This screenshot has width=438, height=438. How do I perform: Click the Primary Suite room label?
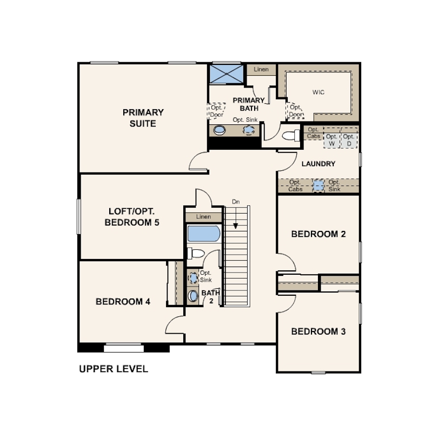tap(143, 118)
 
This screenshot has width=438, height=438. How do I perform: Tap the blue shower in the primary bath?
tap(226, 74)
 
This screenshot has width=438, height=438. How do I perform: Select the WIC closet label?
tap(318, 92)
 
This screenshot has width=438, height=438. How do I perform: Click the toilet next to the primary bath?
tap(291, 136)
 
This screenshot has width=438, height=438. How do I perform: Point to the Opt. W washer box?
tap(331, 140)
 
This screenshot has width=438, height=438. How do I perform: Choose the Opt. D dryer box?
tap(349, 140)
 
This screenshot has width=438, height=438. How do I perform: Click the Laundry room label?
tap(318, 164)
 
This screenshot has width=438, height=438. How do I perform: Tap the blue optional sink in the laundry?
tap(318, 185)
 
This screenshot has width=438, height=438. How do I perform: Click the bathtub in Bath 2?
tap(204, 234)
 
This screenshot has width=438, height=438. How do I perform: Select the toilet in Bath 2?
tap(196, 254)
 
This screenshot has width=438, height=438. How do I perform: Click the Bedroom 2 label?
tap(318, 234)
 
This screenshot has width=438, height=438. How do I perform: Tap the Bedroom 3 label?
tap(318, 331)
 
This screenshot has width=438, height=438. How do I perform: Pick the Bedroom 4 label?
tap(123, 302)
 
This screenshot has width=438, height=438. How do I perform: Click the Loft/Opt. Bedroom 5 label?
tap(132, 217)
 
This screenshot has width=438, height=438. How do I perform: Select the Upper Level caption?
tap(114, 369)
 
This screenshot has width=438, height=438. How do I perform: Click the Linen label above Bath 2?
tap(203, 217)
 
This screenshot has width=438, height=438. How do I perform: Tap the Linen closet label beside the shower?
tap(261, 69)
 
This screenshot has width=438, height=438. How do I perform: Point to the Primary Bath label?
tap(249, 104)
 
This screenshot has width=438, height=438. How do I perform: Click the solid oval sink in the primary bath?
tap(220, 130)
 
